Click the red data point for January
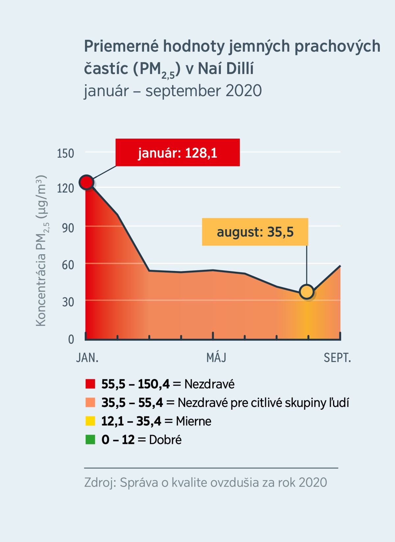[x=87, y=182]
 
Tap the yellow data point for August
[x=307, y=292]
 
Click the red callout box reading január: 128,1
[x=177, y=153]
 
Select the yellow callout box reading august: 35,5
[x=255, y=232]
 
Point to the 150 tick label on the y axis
[x=65, y=153]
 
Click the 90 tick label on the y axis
[x=68, y=228]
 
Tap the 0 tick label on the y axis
[x=71, y=339]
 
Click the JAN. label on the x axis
[x=87, y=358]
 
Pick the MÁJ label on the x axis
[x=216, y=358]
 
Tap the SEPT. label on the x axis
[x=337, y=358]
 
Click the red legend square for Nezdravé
[x=90, y=384]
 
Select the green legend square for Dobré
[x=90, y=440]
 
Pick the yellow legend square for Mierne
[x=90, y=421]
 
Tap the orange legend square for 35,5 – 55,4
[x=90, y=402]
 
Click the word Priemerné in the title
[x=121, y=46]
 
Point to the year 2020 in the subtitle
[x=244, y=91]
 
